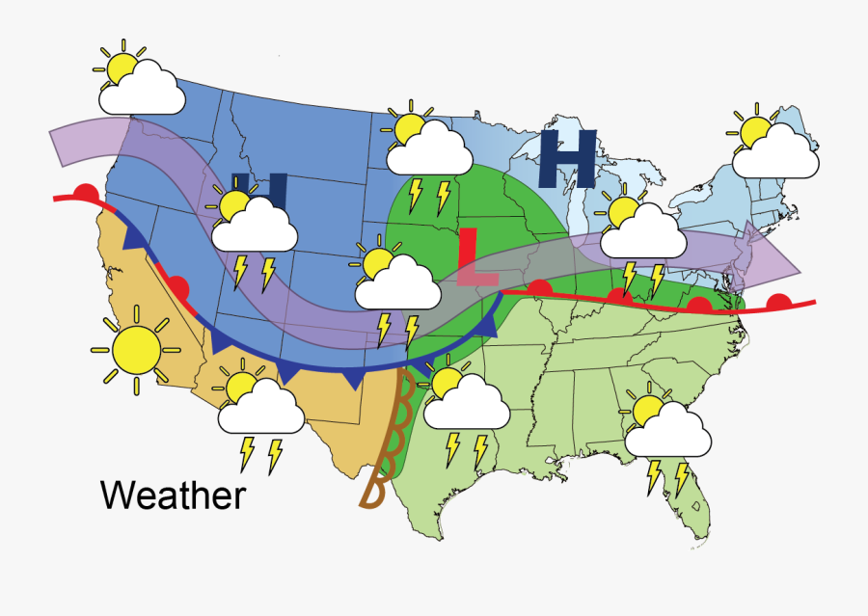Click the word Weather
[x=173, y=495]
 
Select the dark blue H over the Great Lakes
[x=568, y=158]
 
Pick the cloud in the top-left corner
[x=143, y=92]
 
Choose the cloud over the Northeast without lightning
[x=773, y=152]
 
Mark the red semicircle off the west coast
[x=86, y=191]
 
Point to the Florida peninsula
[x=691, y=500]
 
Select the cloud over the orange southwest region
[x=260, y=409]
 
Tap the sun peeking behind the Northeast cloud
[x=751, y=128]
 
